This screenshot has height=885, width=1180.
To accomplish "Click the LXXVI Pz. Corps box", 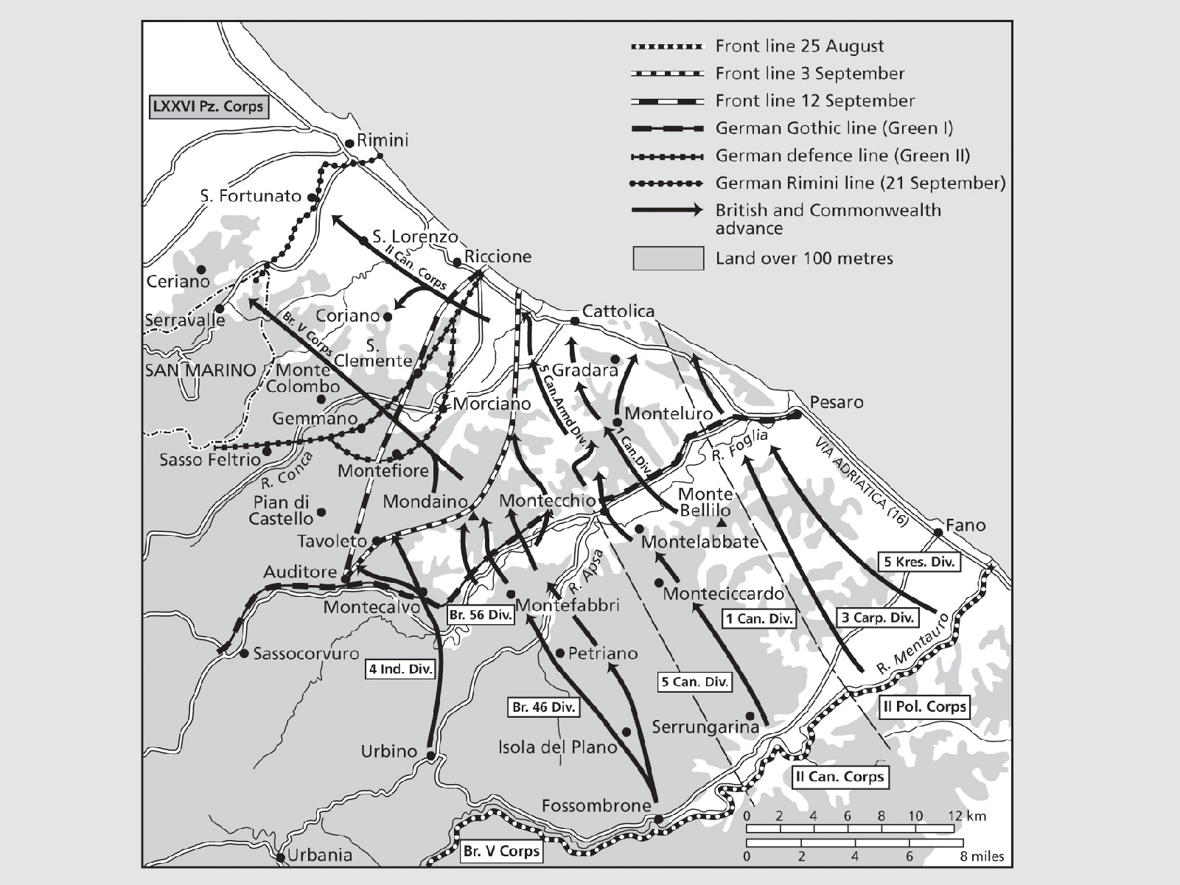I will click(207, 106).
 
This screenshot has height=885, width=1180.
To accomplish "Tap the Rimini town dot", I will click(349, 144).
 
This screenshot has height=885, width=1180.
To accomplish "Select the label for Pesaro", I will click(836, 402).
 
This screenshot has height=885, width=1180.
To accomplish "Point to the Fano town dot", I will click(938, 532).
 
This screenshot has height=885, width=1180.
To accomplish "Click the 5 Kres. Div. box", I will click(919, 562).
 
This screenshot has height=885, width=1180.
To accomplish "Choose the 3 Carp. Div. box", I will click(878, 618).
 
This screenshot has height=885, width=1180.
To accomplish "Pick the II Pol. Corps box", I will click(924, 707).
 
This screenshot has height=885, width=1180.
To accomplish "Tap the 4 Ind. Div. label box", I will click(401, 670).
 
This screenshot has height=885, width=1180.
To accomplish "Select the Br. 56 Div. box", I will click(481, 615).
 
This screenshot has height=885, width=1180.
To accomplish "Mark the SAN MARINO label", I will click(200, 371).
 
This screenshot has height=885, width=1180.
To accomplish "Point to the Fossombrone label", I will click(596, 806).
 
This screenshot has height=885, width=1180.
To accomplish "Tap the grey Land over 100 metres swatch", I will click(668, 259).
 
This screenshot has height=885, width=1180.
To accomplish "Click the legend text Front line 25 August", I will click(799, 46).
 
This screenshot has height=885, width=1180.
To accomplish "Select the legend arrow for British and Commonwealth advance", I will click(667, 211).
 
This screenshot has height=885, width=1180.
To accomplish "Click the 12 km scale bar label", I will click(966, 816).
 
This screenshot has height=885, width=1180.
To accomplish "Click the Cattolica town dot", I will click(575, 321).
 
